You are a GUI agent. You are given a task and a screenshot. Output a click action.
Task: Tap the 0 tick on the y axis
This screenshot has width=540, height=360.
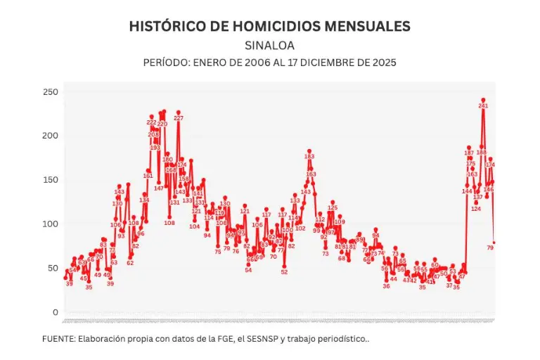coord(54,312)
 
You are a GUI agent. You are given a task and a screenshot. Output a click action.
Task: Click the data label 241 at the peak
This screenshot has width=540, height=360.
coord(483,105)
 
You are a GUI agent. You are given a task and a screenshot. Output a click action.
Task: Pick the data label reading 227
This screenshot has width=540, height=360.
coord(179,118)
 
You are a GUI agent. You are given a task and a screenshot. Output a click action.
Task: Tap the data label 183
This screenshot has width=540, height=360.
coord(309,157)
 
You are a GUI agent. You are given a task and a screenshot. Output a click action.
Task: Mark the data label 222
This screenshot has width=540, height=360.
coord(152,122)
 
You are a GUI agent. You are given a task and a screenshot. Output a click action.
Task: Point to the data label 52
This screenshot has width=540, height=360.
coord(284,272)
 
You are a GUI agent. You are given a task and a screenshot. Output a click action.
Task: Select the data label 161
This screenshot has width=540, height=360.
coord(148,176)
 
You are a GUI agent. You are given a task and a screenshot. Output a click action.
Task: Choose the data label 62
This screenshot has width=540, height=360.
coord(130,263)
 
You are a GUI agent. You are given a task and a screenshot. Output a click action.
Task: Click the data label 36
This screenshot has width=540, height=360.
coord(386,286)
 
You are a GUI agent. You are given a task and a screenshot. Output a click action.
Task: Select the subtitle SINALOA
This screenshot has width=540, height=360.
coord(269,46)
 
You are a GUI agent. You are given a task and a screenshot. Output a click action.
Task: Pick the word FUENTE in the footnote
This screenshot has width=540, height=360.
coord(58,339)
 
